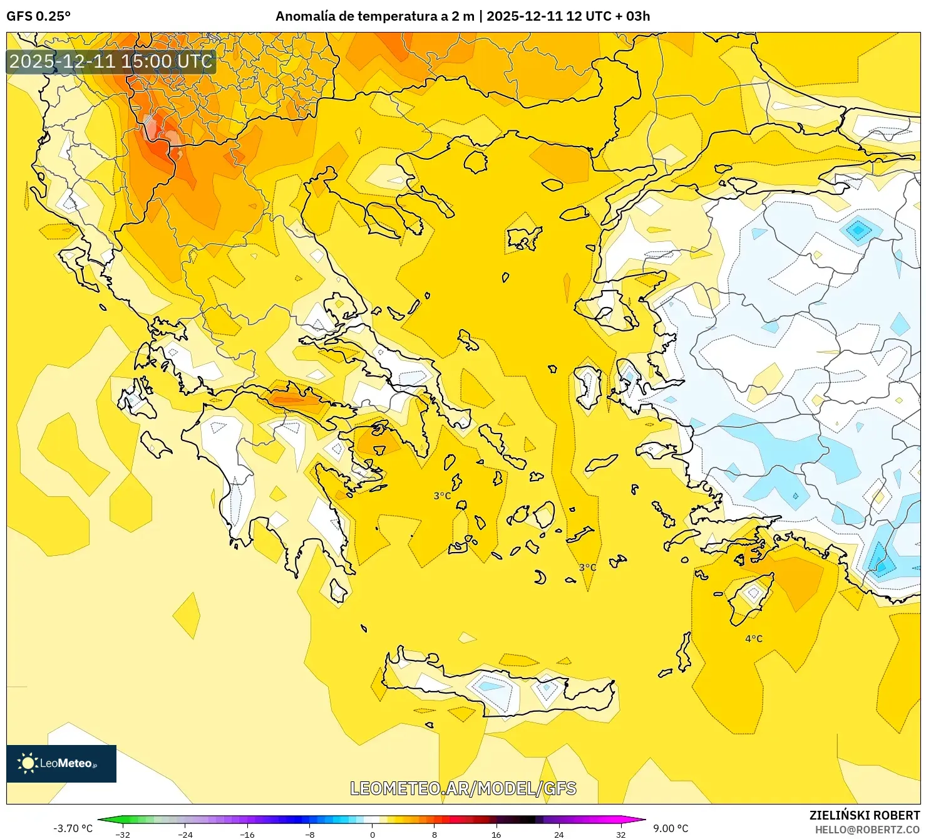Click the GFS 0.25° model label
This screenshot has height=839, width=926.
[38, 16]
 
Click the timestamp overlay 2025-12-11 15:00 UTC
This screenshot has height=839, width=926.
[111, 61]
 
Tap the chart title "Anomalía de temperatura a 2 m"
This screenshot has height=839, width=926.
[374, 16]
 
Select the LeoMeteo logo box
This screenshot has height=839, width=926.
[61, 763]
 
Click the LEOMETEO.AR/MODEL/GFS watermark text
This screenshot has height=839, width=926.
[463, 788]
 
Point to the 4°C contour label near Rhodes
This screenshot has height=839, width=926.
[753, 638]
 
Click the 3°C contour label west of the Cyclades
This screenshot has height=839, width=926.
[442, 496]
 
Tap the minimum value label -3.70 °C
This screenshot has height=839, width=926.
[73, 828]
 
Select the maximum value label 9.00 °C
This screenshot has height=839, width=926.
[671, 828]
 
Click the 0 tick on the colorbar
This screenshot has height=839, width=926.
[372, 834]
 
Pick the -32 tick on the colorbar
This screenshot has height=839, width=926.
[123, 834]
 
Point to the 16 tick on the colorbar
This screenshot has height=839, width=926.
[496, 834]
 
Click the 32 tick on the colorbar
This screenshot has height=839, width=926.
[620, 834]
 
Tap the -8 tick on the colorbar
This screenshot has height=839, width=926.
[310, 834]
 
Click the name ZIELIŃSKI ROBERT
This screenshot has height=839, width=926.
[864, 815]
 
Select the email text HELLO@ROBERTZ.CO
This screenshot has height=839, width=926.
[867, 829]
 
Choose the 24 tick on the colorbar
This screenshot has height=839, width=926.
[558, 834]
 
